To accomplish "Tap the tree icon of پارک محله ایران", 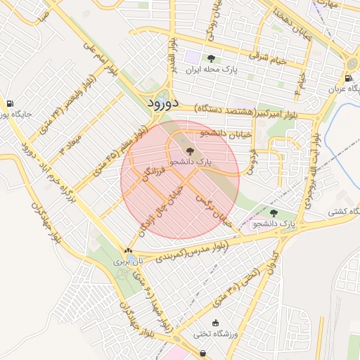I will click(210, 58).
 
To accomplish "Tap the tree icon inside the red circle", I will click(190, 150).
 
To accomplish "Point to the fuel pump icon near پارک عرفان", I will click(349, 78).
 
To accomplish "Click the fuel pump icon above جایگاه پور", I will click(9, 103).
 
